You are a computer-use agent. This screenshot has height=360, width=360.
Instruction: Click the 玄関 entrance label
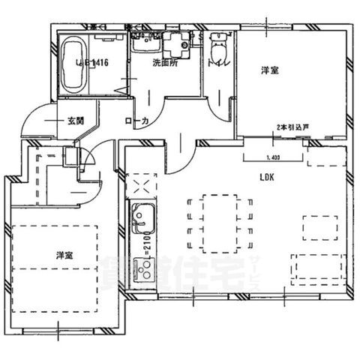pos(74,120)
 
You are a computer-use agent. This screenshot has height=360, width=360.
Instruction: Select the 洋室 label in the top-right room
pos(270,70)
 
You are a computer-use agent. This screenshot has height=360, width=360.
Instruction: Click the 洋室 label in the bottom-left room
pos(65,255)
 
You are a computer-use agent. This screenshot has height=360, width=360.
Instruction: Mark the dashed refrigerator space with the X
pos(142,185)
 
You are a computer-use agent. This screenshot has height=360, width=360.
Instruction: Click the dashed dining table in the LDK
pos(220,221)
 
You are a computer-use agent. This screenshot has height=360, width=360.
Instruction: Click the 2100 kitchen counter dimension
pos(147,243)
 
